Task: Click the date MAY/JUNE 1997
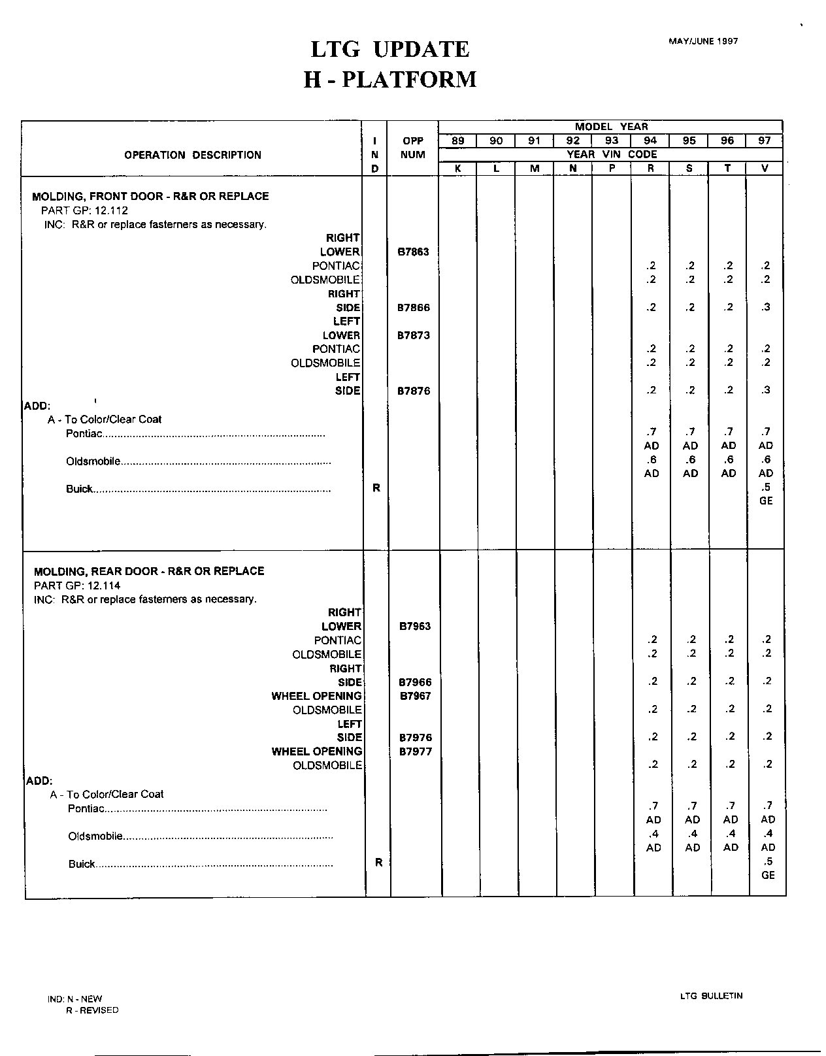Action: tap(703, 41)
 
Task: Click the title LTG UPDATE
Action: tap(389, 49)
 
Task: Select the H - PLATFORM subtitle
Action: tap(390, 80)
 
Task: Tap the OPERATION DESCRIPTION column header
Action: tap(193, 155)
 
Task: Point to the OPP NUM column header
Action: tap(413, 148)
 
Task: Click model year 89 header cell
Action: tap(457, 140)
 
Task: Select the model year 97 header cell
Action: tap(765, 140)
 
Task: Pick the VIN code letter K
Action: tap(457, 169)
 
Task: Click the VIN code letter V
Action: tap(765, 169)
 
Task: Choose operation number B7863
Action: tap(414, 252)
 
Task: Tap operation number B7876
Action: tap(414, 391)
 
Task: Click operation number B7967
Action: tap(416, 696)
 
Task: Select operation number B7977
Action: tap(416, 751)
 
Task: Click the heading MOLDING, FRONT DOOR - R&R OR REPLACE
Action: tap(150, 196)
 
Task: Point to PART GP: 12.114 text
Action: tap(77, 586)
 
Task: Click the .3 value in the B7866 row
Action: tap(765, 307)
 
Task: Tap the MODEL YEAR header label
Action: tap(611, 127)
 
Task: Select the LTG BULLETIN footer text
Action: tap(711, 996)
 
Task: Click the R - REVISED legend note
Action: tap(92, 1010)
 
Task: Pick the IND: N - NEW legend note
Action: tap(74, 999)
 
